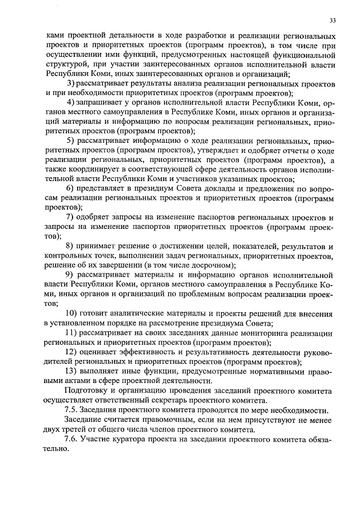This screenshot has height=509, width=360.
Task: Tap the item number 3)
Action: [x=71, y=83]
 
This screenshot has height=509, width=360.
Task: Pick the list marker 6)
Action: [x=71, y=188]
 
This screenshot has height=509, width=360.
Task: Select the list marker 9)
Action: [x=71, y=275]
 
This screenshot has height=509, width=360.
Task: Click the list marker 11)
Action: [x=73, y=333]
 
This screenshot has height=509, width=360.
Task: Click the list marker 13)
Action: [x=73, y=372]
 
